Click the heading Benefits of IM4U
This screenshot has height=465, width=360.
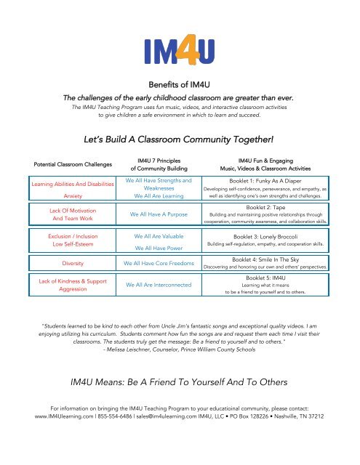tap(180, 84)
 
